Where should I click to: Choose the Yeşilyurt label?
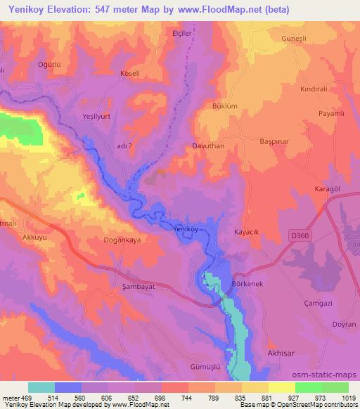click(x=98, y=118)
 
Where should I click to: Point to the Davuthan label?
click(x=208, y=147)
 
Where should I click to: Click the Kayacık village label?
click(x=247, y=231)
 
